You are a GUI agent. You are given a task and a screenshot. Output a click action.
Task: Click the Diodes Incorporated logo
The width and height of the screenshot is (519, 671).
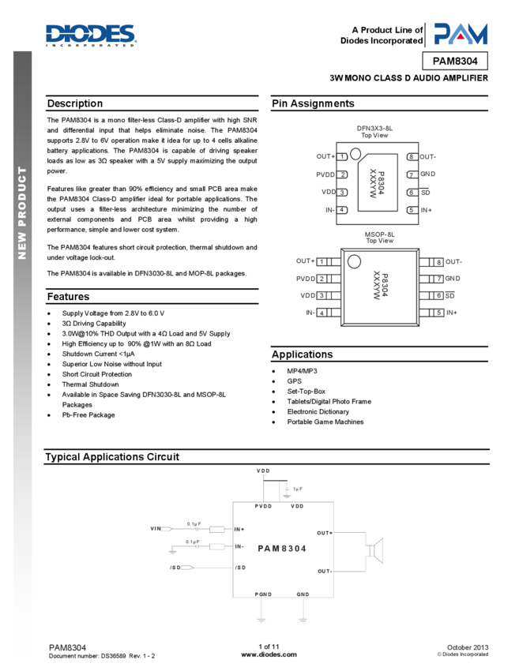click(91, 36)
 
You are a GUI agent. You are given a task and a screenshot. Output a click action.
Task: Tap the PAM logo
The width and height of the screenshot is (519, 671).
click(460, 34)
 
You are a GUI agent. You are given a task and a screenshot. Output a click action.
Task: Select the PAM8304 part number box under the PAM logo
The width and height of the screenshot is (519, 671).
click(455, 61)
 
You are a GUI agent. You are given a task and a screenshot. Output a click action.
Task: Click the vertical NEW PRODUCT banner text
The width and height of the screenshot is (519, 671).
click(22, 212)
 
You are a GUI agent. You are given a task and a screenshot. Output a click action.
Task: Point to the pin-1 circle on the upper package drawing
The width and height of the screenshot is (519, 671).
click(355, 153)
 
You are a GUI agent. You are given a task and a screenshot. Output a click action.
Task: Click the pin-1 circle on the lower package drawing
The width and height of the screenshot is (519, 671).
click(354, 262)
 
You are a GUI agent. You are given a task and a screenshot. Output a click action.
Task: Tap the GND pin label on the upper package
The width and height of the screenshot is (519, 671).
click(428, 174)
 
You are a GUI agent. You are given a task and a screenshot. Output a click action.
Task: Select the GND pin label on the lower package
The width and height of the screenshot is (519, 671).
click(453, 279)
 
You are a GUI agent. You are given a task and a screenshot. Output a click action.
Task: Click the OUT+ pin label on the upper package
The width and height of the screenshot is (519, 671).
click(325, 157)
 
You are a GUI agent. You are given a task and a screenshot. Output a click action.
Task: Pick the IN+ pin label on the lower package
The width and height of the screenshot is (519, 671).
click(452, 313)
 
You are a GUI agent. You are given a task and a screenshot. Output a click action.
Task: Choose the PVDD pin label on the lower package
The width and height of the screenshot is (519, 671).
click(306, 279)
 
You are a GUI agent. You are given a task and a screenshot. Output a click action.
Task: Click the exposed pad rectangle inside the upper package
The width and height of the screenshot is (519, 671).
click(378, 182)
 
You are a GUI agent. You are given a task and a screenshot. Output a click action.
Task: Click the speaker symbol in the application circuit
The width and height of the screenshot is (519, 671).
click(374, 550)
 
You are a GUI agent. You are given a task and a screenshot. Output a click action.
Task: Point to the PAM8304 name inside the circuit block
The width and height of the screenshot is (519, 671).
click(282, 549)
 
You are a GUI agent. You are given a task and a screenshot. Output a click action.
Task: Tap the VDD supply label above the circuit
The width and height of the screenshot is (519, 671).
click(263, 471)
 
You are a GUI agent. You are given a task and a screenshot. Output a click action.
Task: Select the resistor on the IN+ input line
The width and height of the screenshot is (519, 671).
click(217, 529)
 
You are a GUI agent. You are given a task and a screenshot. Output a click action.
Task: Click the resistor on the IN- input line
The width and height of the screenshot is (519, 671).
click(217, 546)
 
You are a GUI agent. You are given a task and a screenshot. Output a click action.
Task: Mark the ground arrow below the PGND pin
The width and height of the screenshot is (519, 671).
click(261, 619)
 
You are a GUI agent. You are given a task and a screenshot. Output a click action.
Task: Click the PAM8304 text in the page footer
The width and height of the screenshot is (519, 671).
click(68, 648)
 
